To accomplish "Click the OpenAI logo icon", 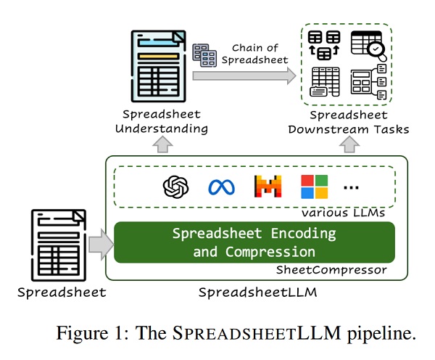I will (175, 187).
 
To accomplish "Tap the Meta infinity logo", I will (221, 187).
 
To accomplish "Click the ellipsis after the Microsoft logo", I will (351, 188).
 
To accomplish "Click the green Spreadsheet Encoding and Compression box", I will (254, 242).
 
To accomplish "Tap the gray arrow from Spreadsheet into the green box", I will (101, 244).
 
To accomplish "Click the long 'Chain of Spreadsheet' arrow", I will (246, 75).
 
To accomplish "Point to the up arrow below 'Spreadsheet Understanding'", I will (164, 145).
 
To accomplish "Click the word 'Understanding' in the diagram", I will (165, 128).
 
